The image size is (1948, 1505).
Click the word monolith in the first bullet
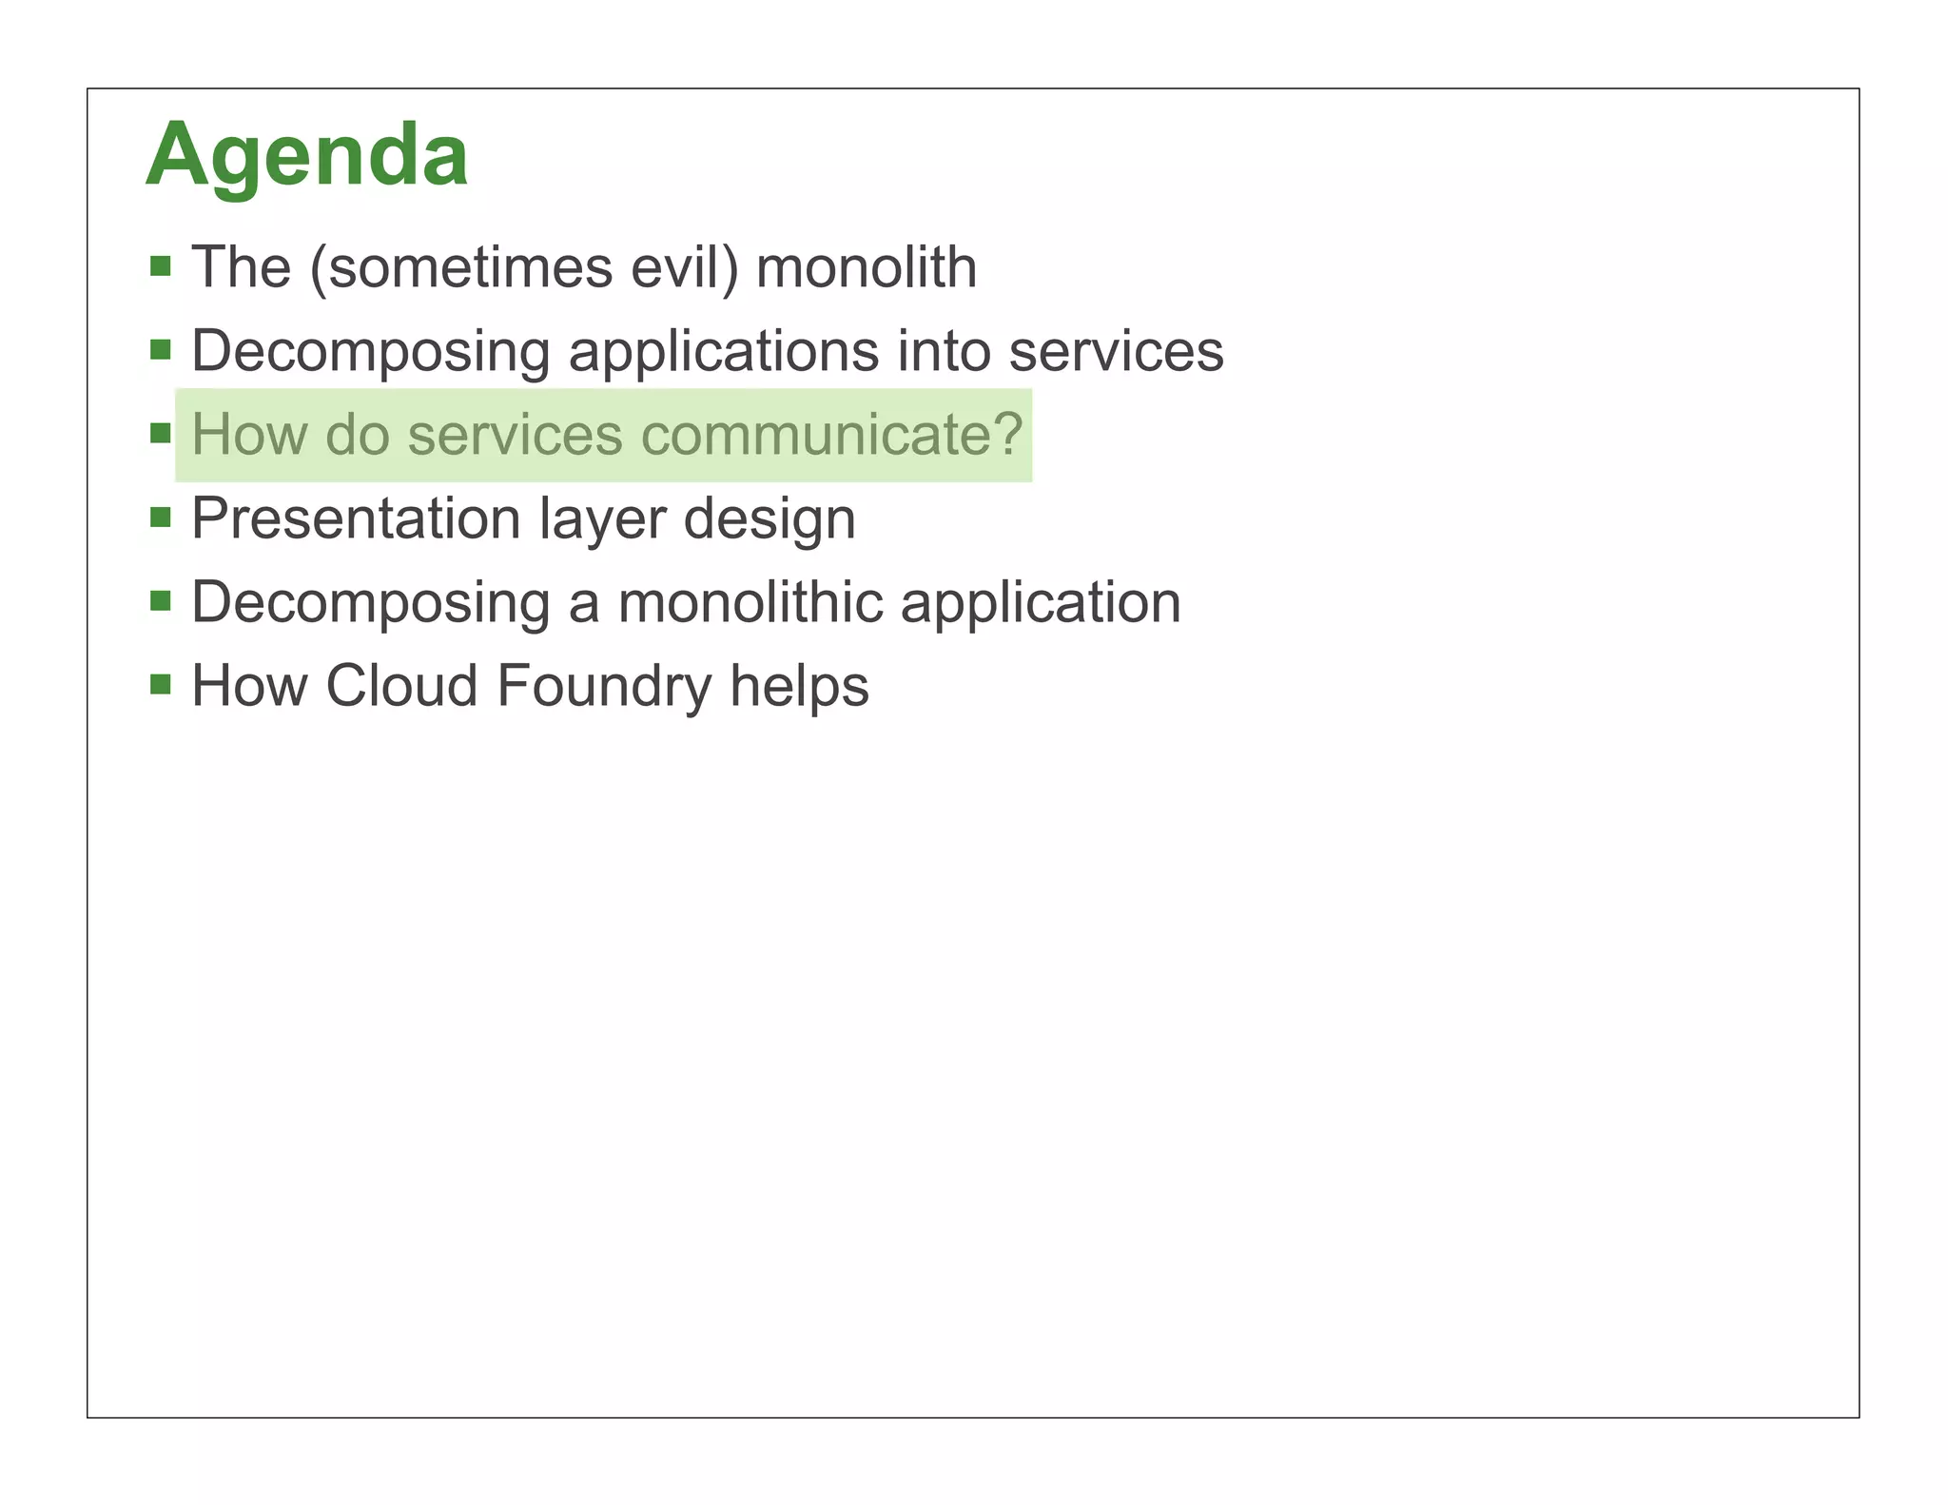point(866,267)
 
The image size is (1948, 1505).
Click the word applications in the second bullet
point(723,351)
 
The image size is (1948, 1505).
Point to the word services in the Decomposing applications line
point(1116,351)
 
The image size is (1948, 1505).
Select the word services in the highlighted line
point(515,435)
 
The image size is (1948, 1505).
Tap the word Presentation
point(356,518)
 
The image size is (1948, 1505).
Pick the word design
point(769,520)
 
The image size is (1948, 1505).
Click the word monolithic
point(750,602)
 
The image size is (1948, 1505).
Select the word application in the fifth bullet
point(1041,604)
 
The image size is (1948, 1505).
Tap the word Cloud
point(401,686)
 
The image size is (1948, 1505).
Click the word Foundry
point(603,687)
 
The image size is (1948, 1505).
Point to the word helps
point(799,686)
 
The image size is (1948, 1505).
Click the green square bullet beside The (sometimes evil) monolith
point(161,266)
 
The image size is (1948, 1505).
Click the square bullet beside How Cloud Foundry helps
point(161,685)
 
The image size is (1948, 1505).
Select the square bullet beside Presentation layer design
point(161,518)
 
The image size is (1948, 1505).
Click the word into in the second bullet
point(944,351)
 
